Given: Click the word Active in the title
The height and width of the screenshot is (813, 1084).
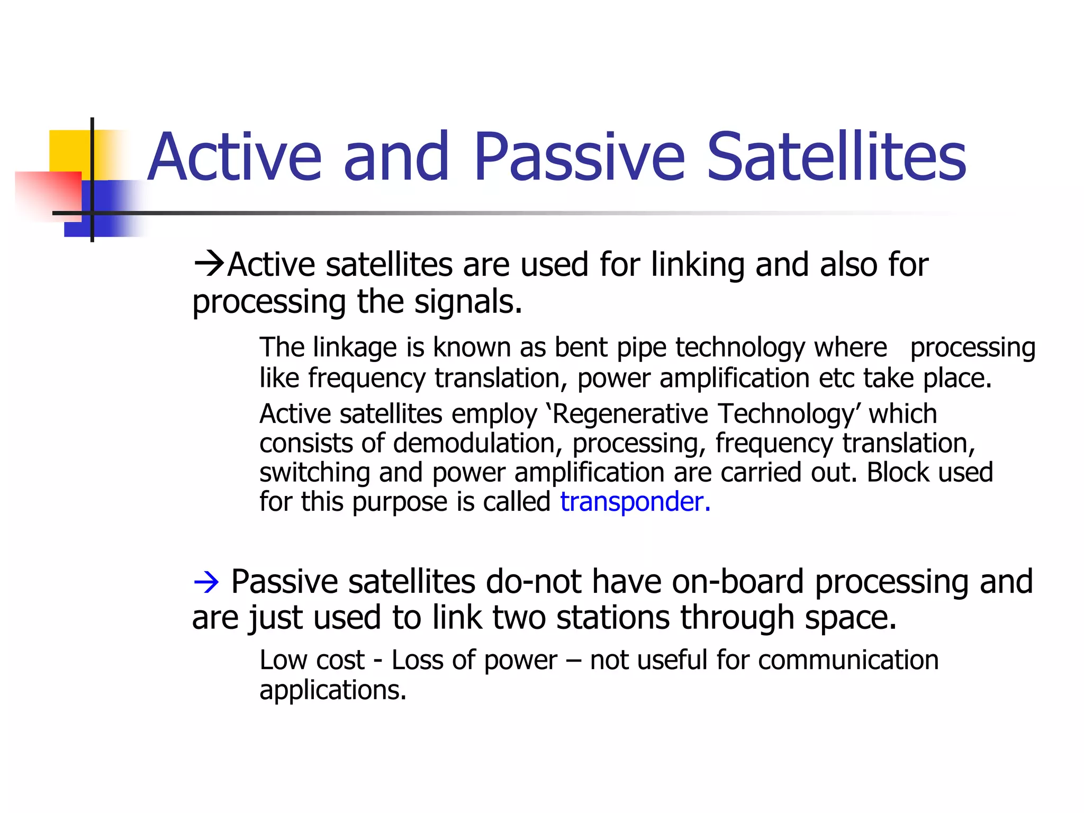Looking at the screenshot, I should tap(234, 157).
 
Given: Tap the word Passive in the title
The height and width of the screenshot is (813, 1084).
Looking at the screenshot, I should tap(579, 157).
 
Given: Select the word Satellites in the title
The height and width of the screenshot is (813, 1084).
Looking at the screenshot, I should tap(836, 157).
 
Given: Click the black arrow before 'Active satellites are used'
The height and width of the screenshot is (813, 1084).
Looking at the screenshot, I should tap(209, 264).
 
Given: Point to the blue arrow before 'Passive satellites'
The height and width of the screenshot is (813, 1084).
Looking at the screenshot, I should tap(206, 583).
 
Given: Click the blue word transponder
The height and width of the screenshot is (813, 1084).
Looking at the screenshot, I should tap(634, 501).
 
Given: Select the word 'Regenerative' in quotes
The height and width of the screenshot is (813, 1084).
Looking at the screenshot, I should tap(630, 413).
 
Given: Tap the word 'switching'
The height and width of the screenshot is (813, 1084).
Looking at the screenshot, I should tap(314, 472).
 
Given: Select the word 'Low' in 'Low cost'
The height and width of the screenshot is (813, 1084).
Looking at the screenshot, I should tap(282, 660).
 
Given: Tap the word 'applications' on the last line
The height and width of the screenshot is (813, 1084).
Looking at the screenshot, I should tap(332, 690).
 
